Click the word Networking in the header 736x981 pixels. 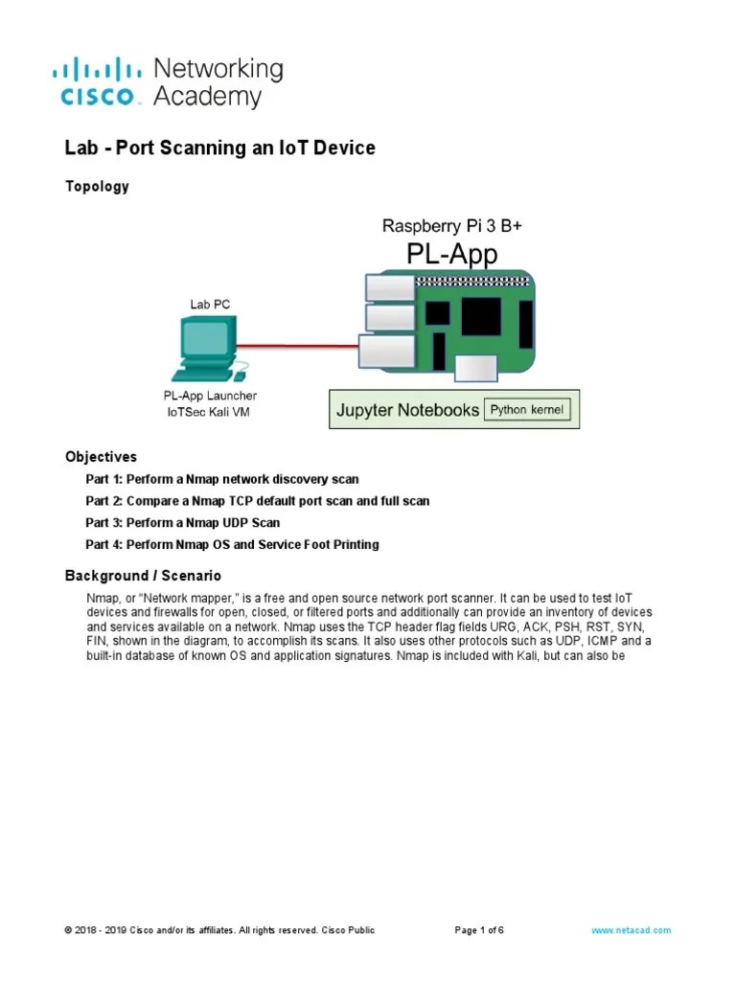[218, 69]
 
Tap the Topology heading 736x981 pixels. [97, 187]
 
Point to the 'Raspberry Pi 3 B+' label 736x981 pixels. [452, 226]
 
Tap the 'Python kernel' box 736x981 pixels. [528, 410]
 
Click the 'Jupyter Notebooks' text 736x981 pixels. [407, 411]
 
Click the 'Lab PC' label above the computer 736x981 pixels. [208, 305]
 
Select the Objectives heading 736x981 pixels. [101, 457]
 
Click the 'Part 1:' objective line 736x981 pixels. [222, 479]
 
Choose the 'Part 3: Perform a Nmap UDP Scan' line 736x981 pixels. [182, 523]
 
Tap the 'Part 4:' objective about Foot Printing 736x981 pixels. [232, 545]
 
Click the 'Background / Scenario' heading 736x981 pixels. [143, 576]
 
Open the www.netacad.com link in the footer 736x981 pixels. [632, 930]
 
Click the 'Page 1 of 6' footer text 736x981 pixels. [478, 930]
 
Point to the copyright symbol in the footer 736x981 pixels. [67, 930]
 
